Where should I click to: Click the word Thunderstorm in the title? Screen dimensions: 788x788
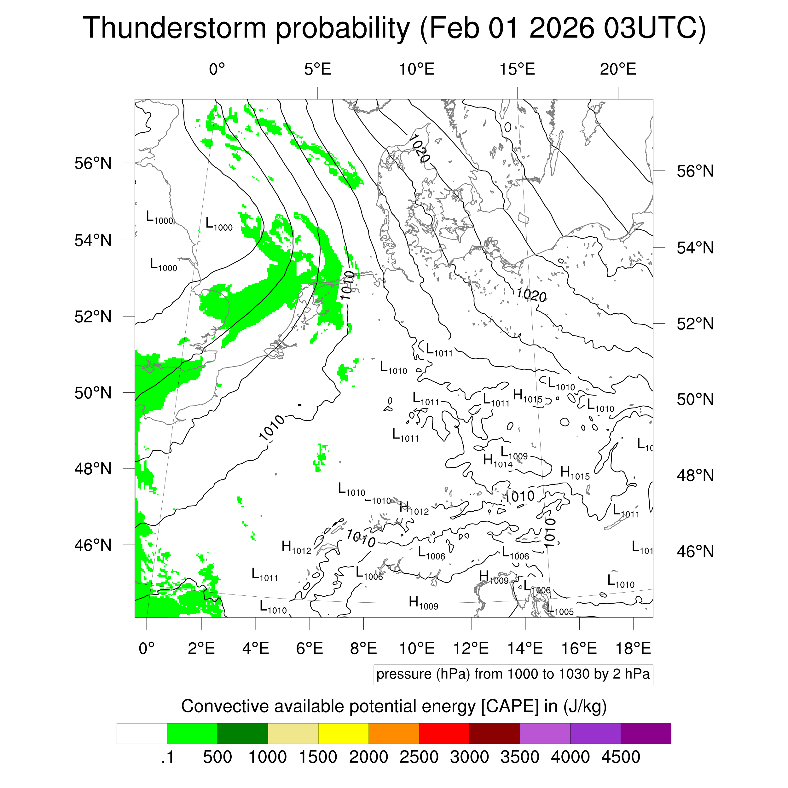(x=174, y=29)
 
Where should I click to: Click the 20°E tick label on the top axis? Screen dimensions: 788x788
(x=618, y=69)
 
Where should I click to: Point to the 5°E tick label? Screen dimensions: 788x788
(x=317, y=69)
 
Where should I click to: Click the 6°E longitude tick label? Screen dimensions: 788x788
(x=310, y=648)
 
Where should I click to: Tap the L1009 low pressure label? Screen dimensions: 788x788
(x=514, y=453)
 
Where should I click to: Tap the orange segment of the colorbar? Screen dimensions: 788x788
(x=394, y=733)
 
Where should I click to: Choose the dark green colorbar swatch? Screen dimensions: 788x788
(x=242, y=733)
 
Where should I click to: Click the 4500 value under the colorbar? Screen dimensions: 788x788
(x=620, y=757)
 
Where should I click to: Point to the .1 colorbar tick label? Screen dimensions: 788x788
(x=167, y=757)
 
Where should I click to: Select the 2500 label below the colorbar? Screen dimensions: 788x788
(x=419, y=757)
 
